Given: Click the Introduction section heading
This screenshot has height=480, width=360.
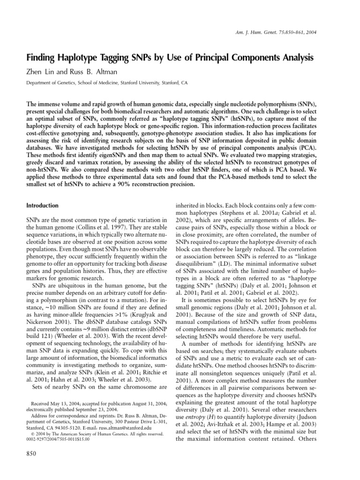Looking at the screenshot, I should point(42,205).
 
